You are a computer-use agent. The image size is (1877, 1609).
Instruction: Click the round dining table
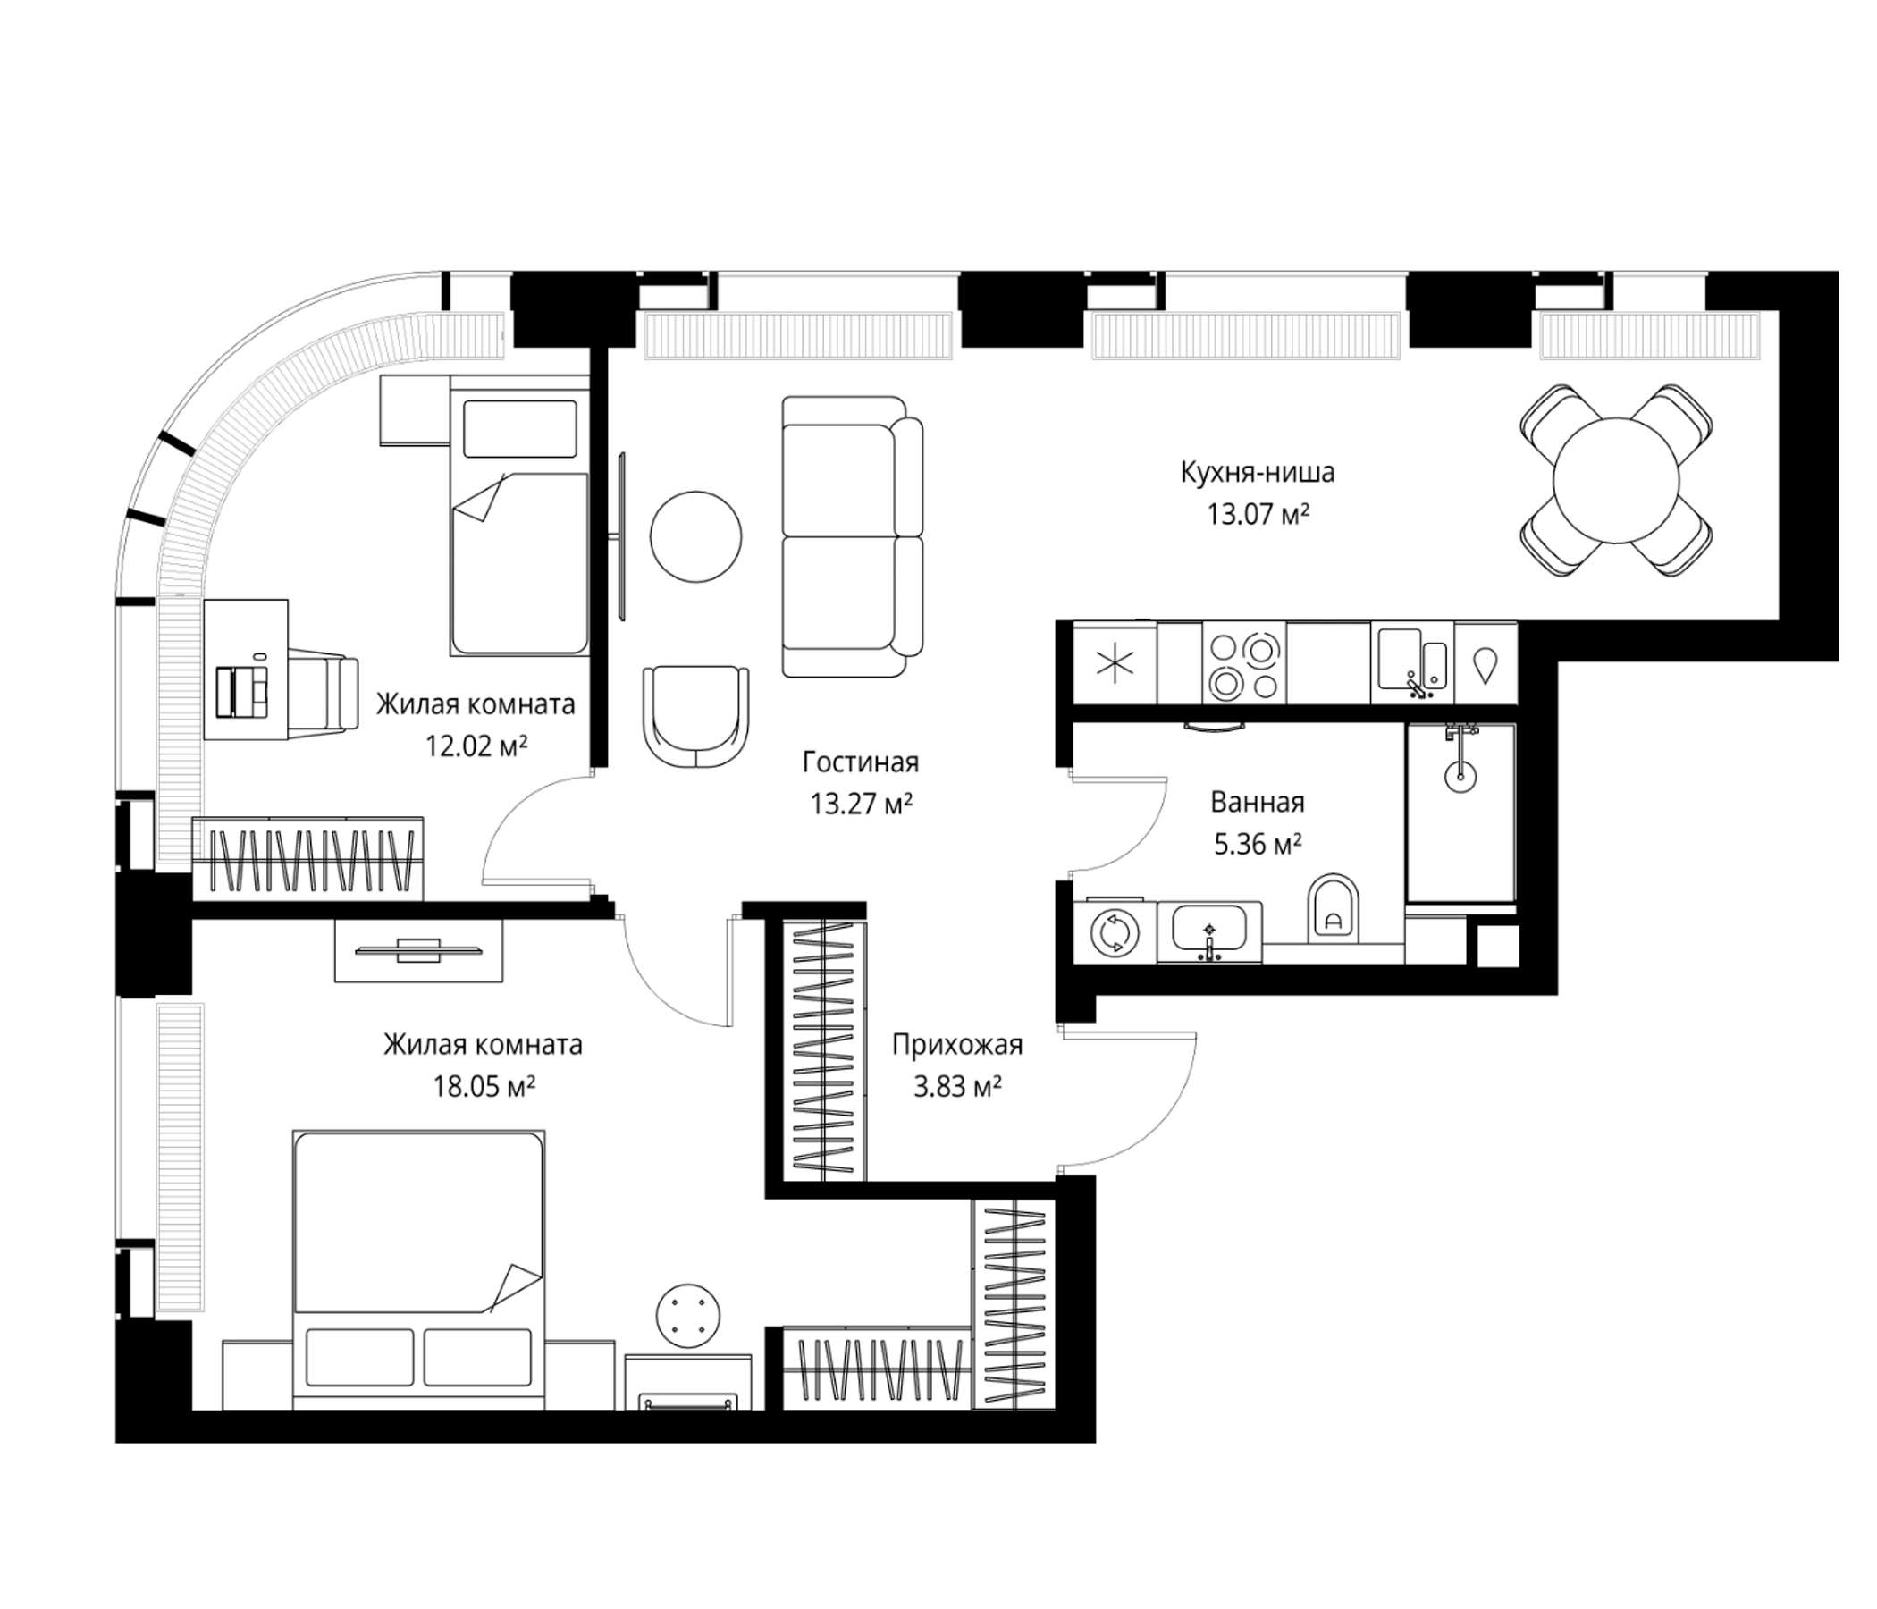tap(1616, 480)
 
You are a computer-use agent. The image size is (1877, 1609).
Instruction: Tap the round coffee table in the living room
tap(695, 536)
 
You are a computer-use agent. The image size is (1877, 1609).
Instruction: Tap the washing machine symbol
tap(1113, 932)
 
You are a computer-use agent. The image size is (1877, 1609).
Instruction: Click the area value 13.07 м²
tap(1258, 515)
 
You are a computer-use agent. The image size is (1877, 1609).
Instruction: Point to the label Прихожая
tap(956, 1045)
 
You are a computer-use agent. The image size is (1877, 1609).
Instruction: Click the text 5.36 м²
tap(1258, 845)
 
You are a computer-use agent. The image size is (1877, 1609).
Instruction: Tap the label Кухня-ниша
tap(1258, 472)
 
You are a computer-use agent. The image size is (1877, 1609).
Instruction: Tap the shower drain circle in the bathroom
tap(1460, 775)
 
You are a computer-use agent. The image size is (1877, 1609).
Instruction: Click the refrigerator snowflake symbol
tap(1115, 664)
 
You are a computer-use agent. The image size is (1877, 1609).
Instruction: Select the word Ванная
tap(1258, 802)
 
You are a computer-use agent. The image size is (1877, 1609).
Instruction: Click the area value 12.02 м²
tap(476, 746)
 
